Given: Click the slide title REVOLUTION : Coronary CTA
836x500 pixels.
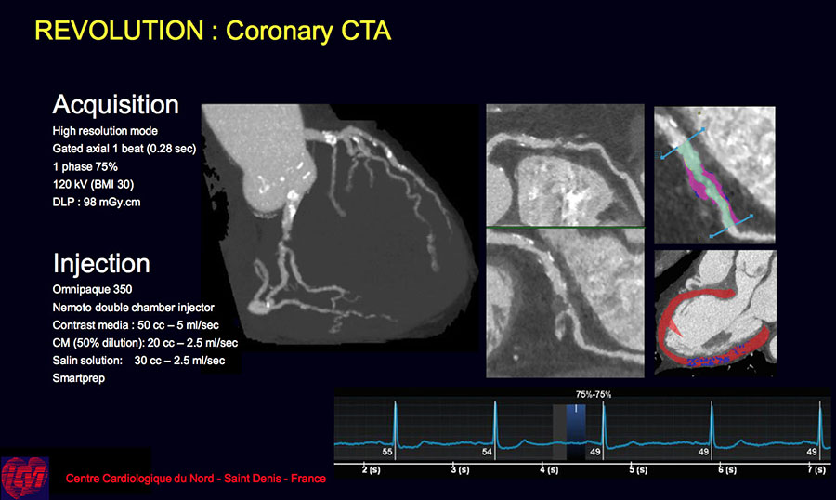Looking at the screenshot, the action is [x=213, y=31].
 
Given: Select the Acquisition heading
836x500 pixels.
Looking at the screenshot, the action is [x=116, y=105].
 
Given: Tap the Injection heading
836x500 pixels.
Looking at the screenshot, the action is [x=101, y=264].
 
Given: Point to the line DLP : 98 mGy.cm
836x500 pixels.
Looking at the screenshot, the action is [x=97, y=203].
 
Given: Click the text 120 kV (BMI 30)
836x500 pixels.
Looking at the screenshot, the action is [x=93, y=185].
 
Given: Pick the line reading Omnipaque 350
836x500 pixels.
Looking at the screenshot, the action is [x=92, y=289].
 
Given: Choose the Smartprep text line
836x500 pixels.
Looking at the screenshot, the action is [x=78, y=378].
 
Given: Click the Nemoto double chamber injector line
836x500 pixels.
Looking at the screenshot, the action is [x=133, y=308].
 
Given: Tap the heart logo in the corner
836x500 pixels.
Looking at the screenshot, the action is [x=24, y=478].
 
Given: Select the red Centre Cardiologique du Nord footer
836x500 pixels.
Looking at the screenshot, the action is [x=196, y=479].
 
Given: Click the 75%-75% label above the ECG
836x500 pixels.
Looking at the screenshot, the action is [x=594, y=394].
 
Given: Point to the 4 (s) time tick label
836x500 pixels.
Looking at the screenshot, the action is [x=549, y=469].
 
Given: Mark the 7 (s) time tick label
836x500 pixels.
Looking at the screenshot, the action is [x=816, y=469].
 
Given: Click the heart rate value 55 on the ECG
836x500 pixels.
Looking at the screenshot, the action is [x=387, y=452].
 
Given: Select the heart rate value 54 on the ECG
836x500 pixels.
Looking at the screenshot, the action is [x=487, y=452].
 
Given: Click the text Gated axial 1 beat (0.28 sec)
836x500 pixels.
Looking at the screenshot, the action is [x=124, y=149].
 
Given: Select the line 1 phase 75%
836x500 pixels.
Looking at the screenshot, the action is [x=85, y=167].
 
